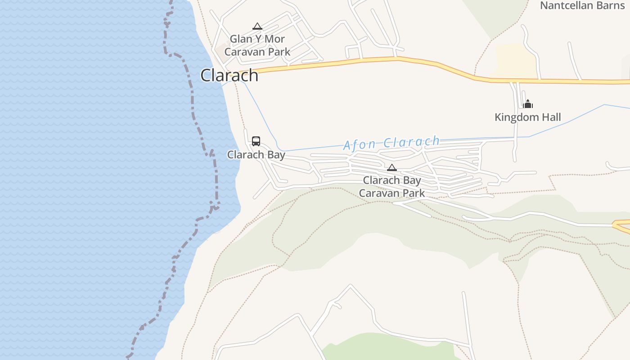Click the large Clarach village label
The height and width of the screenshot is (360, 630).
[229, 75]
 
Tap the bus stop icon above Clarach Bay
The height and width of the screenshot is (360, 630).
[256, 141]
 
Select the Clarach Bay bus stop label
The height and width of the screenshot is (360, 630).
[256, 155]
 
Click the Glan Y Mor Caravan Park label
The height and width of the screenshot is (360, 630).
[257, 45]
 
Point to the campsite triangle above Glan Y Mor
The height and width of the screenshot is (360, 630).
[257, 27]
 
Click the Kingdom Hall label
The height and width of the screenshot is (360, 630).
[527, 117]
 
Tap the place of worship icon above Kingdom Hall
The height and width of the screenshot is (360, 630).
[528, 104]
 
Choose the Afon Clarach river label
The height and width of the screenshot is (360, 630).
[391, 143]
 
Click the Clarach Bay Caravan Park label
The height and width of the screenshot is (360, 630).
[392, 187]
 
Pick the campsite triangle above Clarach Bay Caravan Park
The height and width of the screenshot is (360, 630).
[392, 168]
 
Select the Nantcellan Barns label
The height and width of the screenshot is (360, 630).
[582, 6]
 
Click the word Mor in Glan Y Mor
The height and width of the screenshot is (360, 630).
[274, 39]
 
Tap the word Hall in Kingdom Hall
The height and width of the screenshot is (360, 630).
[550, 117]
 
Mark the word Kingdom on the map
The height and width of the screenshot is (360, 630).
[516, 117]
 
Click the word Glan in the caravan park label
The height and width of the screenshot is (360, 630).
[241, 39]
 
